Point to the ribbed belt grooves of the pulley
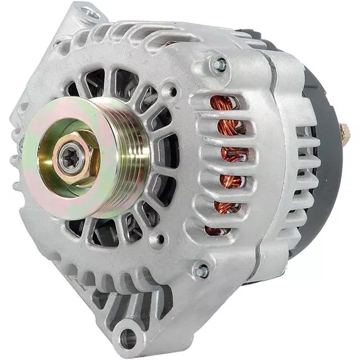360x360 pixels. coord(133,157)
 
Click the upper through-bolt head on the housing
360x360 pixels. coord(218,64)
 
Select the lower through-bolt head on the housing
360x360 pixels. coord(201,271)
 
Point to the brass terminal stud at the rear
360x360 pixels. coord(344,133)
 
